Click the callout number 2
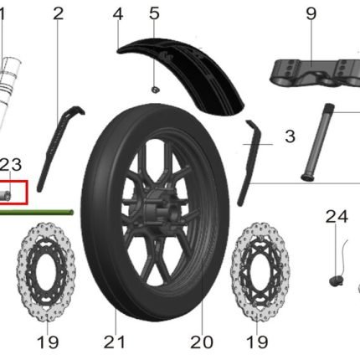point(59,13)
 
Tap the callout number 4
point(118,13)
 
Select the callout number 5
point(154,13)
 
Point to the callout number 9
point(311,13)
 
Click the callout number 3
point(291,136)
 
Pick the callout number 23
point(11,165)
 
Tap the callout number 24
point(337,217)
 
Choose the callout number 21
point(115,342)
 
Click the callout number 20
point(202,342)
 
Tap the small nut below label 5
point(155,90)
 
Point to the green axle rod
point(36,213)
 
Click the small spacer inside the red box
point(5,195)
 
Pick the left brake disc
point(46,272)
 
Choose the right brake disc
point(260,272)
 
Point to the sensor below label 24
point(336,280)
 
